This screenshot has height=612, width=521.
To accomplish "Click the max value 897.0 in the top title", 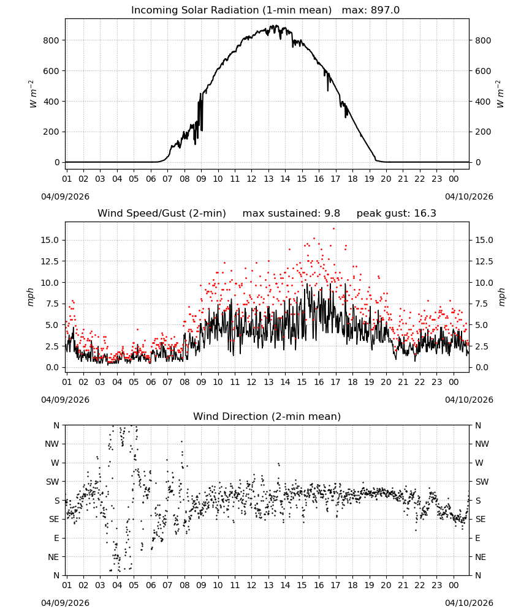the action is click(385, 10).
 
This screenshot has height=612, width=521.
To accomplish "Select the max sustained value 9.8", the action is click(332, 214).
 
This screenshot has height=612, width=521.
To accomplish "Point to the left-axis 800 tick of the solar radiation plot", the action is click(51, 40).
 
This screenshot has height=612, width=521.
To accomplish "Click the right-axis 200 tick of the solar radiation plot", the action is click(483, 132).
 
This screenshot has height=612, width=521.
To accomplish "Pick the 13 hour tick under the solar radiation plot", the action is click(268, 179).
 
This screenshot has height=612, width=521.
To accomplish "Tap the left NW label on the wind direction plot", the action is click(52, 444).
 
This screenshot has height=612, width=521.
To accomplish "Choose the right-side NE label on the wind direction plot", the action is click(481, 557).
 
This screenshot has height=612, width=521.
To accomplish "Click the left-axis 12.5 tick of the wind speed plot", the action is click(50, 261).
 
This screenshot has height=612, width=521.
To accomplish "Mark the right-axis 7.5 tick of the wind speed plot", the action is click(482, 304).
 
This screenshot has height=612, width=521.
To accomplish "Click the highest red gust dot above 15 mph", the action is click(333, 229).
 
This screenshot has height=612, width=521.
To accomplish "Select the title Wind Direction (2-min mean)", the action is click(267, 416).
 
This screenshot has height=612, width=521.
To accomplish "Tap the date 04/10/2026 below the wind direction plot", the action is click(469, 603).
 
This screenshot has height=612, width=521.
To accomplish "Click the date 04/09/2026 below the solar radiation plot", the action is click(65, 196).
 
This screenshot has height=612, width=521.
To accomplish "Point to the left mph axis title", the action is click(31, 297).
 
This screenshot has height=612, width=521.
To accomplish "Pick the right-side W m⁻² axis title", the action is click(500, 94).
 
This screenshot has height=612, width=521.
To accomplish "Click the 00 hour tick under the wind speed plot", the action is click(454, 382).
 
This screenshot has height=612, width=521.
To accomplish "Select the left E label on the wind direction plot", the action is click(56, 538).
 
